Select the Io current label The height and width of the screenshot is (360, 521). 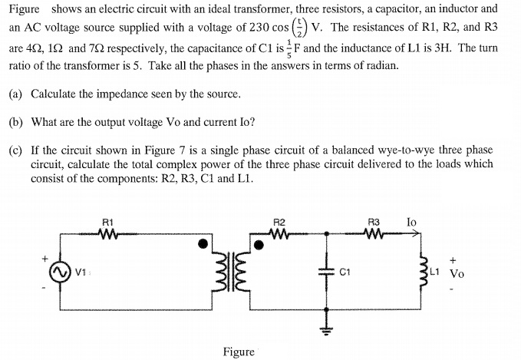(411, 223)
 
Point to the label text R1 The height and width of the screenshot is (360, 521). (108, 223)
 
